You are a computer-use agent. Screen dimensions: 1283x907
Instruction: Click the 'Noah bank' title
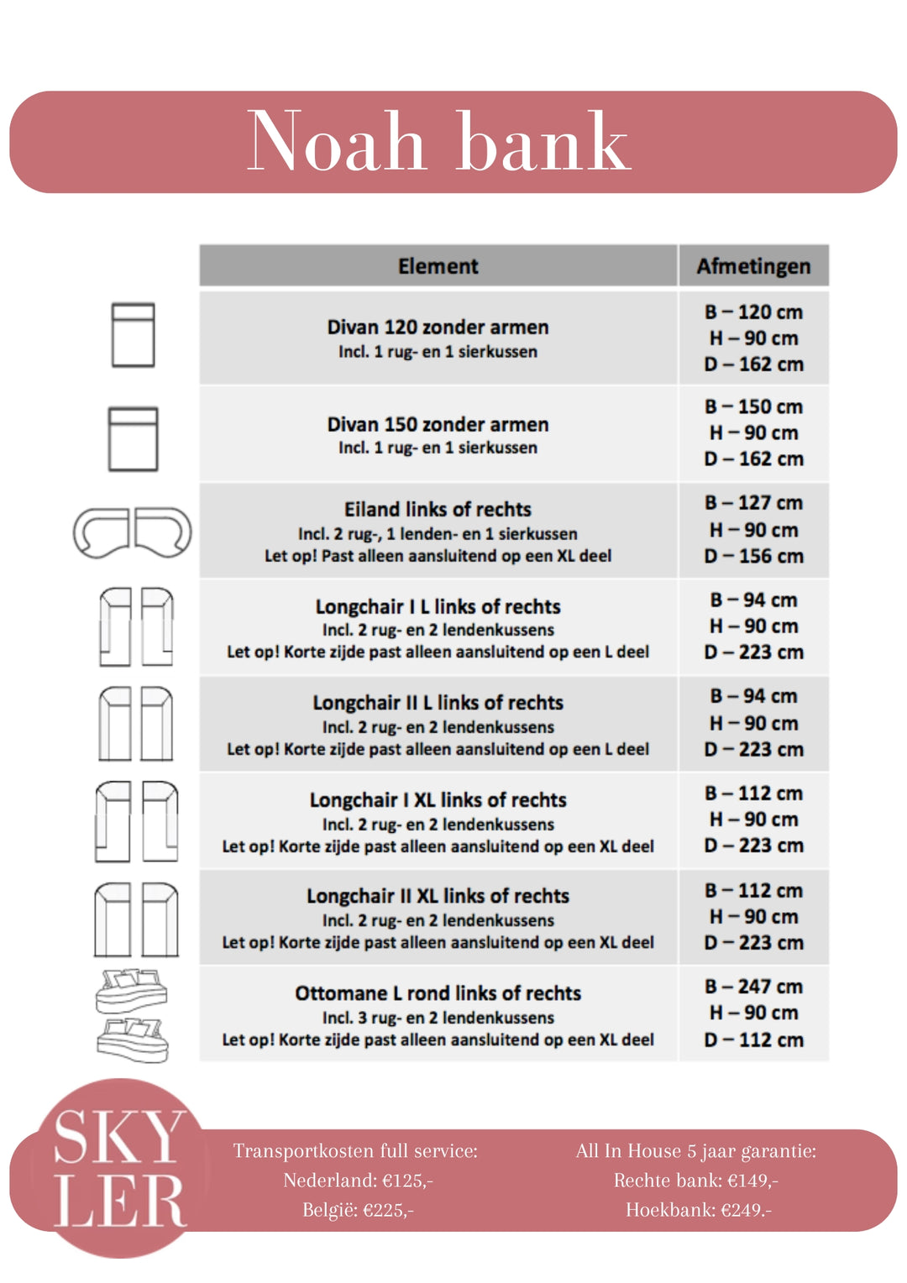pyautogui.click(x=438, y=141)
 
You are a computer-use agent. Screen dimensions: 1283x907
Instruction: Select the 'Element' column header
pyautogui.click(x=438, y=266)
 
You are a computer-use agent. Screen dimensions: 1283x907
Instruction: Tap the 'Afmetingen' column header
pyautogui.click(x=753, y=266)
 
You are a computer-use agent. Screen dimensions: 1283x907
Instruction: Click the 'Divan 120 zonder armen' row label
pyautogui.click(x=438, y=327)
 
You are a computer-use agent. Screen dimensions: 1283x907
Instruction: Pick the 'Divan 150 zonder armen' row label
pyautogui.click(x=438, y=425)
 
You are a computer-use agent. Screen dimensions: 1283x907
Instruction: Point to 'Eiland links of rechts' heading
pyautogui.click(x=438, y=510)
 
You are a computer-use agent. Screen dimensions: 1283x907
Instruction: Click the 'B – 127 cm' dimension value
pyautogui.click(x=753, y=503)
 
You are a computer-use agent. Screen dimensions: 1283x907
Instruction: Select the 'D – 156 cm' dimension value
pyautogui.click(x=753, y=557)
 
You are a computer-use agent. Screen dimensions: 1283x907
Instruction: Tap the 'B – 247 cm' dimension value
pyautogui.click(x=753, y=987)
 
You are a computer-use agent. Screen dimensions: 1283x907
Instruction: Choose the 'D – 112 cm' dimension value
pyautogui.click(x=753, y=1040)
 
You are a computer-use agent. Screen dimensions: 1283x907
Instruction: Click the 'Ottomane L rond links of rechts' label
pyautogui.click(x=438, y=993)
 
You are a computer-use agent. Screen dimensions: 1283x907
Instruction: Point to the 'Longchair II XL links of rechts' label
pyautogui.click(x=438, y=896)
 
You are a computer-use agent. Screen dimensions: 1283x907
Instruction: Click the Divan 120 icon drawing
pyautogui.click(x=134, y=335)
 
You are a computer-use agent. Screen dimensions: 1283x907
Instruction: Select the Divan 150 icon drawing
pyautogui.click(x=134, y=438)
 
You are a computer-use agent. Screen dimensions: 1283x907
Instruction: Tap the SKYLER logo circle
pyautogui.click(x=120, y=1168)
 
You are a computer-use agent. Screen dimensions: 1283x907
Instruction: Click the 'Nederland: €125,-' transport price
pyautogui.click(x=358, y=1181)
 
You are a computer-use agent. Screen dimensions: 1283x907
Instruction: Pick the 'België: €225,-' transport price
pyautogui.click(x=358, y=1210)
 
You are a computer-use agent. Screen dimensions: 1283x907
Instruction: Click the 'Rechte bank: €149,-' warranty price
pyautogui.click(x=695, y=1181)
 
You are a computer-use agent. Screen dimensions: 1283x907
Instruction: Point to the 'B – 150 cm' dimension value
pyautogui.click(x=753, y=406)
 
